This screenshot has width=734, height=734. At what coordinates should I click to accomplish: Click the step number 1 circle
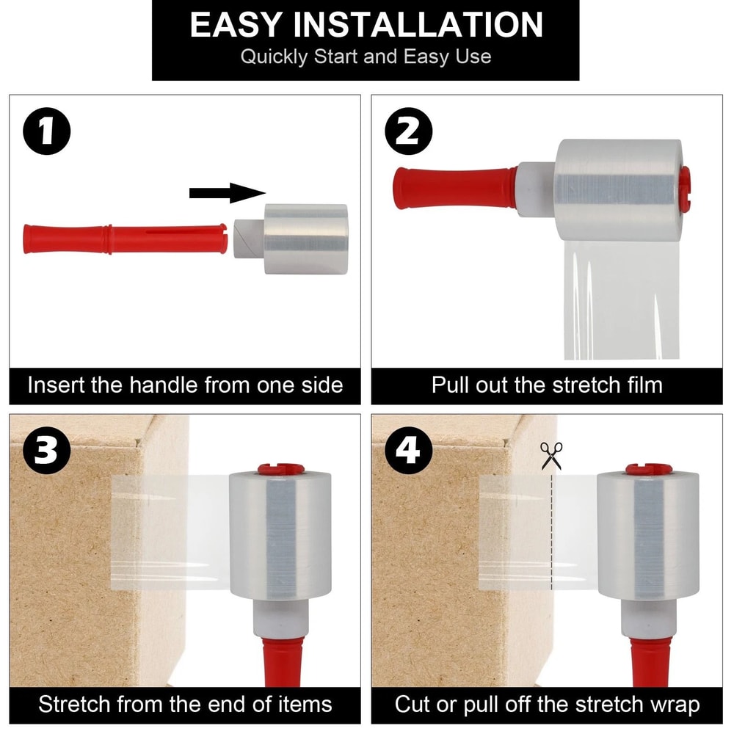46,132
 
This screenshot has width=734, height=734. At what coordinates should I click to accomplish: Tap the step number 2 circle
408,132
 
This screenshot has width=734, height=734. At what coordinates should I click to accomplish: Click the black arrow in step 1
226,193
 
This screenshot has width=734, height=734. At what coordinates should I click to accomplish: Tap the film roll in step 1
305,239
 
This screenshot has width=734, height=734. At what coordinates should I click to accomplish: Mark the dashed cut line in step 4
551,536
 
